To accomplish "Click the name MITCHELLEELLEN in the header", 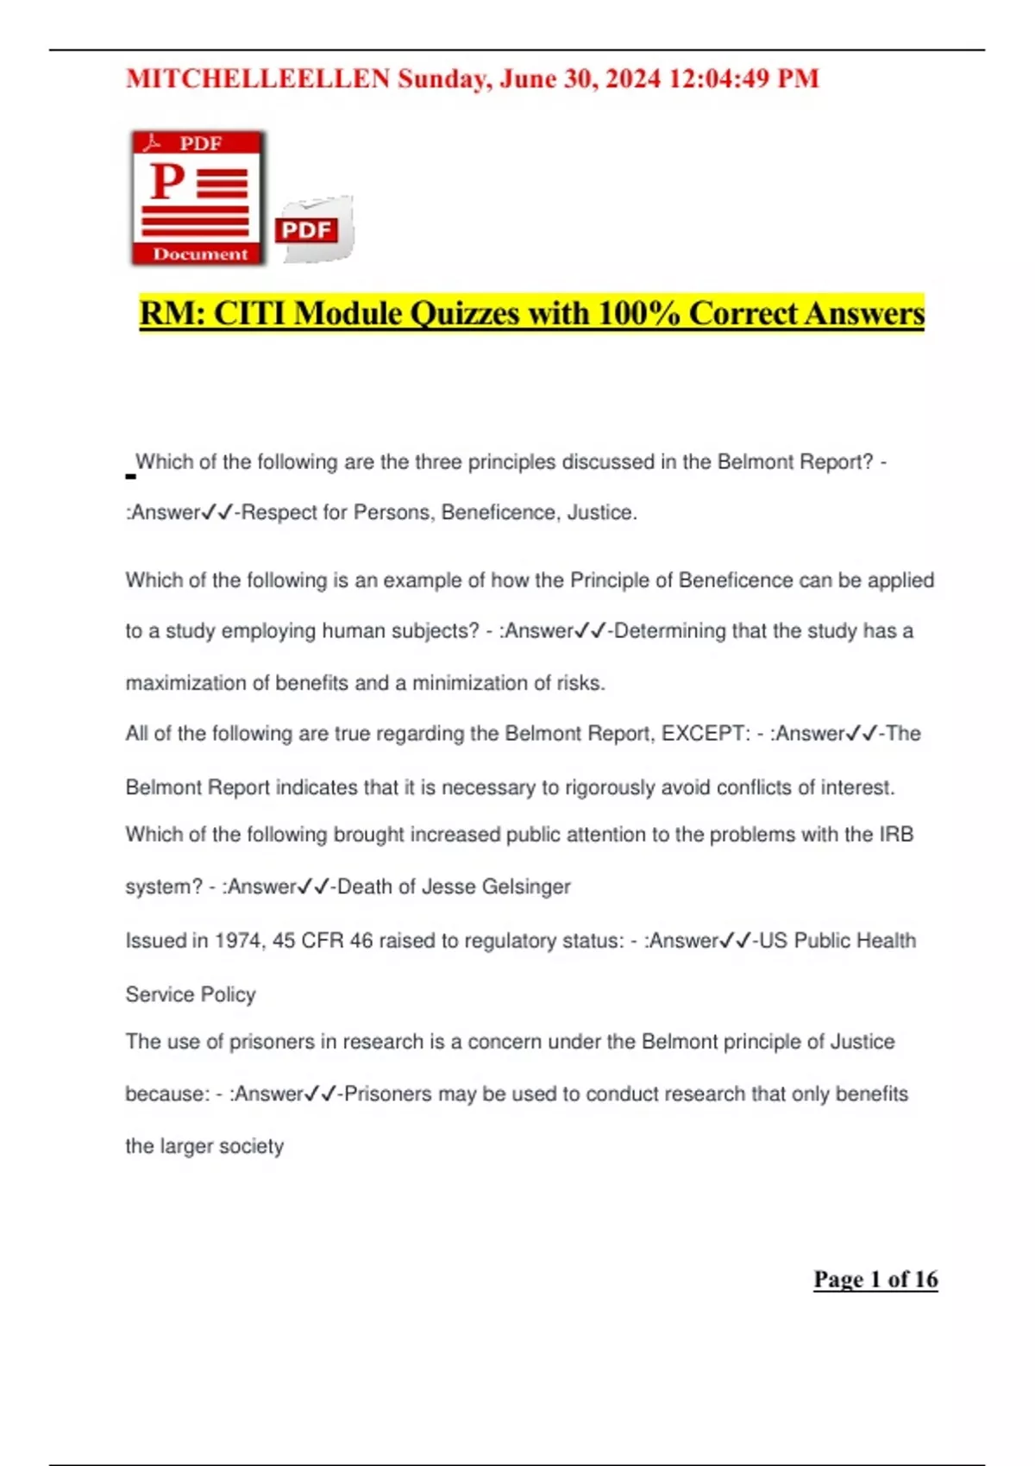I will [258, 79].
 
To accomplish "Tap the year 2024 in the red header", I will [633, 79].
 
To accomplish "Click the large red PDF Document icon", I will [198, 197].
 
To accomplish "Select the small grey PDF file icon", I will [314, 229].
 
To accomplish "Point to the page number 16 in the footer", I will [926, 1280].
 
